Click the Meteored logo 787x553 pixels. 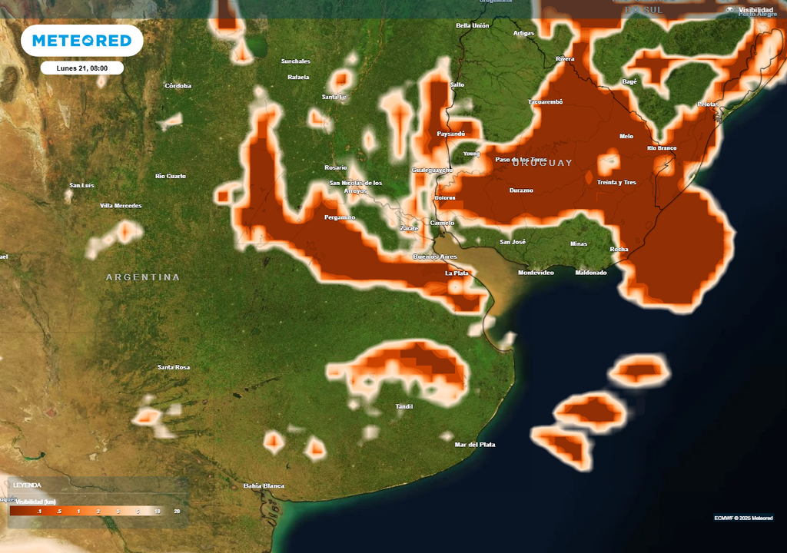pos(81,41)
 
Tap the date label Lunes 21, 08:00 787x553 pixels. pos(81,68)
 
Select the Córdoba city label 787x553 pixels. pos(178,86)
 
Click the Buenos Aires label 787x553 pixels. pos(435,256)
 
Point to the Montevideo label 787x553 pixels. pos(536,273)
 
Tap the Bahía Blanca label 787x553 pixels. pos(264,485)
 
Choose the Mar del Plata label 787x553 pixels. pos(475,445)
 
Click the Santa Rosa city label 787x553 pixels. pos(174,367)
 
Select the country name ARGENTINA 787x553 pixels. pos(143,277)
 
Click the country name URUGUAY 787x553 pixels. pos(542,163)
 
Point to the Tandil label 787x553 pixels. pos(403,406)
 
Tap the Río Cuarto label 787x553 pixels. pos(171,176)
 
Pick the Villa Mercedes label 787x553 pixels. pos(121,206)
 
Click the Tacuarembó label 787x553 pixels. pos(546,101)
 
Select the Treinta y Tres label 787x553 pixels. pos(616,182)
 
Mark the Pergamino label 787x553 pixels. pos(339,217)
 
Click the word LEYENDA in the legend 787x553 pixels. pos(27,485)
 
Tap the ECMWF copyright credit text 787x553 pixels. pos(744,518)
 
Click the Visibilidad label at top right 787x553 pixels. pos(756,10)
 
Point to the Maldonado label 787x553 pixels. pos(590,273)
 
